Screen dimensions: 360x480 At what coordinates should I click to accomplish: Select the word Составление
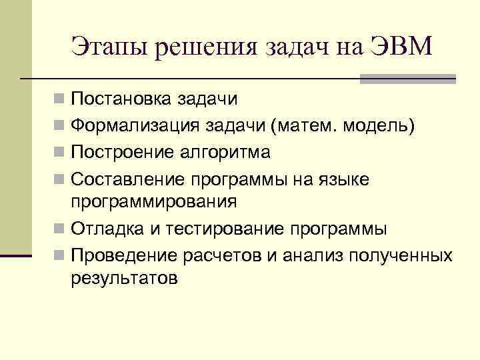click(x=128, y=179)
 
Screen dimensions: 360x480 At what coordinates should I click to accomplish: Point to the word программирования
click(x=153, y=202)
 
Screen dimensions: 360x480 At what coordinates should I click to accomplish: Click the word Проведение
click(x=121, y=255)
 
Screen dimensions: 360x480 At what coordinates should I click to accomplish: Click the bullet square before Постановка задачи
click(x=60, y=100)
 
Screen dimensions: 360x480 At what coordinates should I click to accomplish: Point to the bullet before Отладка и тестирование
click(x=60, y=230)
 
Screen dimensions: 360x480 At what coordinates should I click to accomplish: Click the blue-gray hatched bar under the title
click(x=407, y=79)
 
